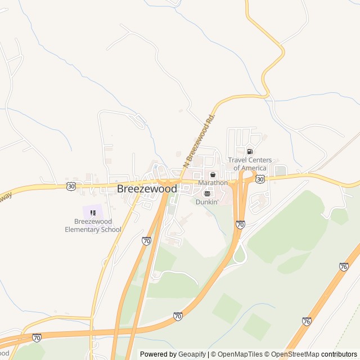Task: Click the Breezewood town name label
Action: (147, 189)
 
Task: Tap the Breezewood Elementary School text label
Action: (93, 226)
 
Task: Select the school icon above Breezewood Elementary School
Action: (93, 213)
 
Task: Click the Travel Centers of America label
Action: (250, 164)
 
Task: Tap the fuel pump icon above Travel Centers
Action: (250, 151)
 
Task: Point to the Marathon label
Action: (213, 183)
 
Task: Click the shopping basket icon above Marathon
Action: (213, 175)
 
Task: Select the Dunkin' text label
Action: (207, 201)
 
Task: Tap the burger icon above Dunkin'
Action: (207, 193)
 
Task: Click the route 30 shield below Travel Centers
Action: (259, 178)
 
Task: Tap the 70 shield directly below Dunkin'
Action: (240, 224)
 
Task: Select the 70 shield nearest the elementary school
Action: (147, 240)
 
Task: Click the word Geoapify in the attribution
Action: (192, 354)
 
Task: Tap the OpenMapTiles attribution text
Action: (240, 354)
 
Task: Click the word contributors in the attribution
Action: (340, 354)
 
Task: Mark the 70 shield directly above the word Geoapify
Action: (178, 316)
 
